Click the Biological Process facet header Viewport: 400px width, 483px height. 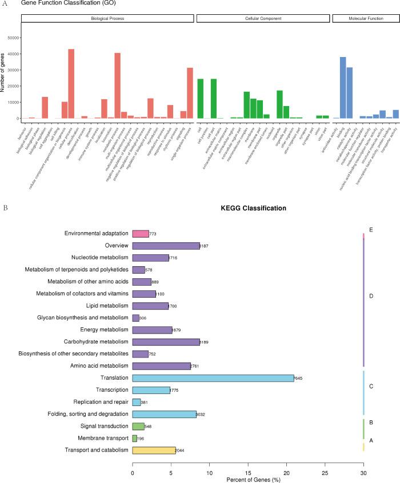point(107,19)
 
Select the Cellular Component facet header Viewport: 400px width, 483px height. point(263,19)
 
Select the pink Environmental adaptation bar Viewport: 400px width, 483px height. point(141,234)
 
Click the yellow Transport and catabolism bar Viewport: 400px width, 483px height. point(154,450)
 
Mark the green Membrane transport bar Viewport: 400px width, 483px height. point(135,438)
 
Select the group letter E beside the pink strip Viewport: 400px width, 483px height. point(371,230)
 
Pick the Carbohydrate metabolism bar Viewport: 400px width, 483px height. point(166,342)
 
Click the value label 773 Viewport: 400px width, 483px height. point(153,234)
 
